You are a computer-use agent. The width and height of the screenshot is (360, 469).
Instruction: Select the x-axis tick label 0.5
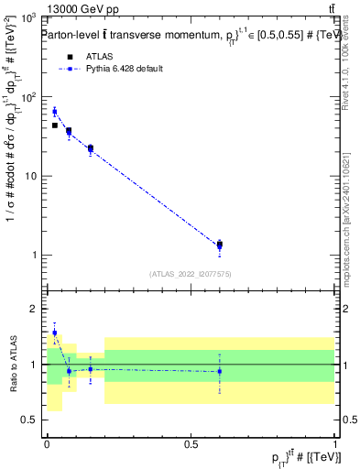coord(191,443)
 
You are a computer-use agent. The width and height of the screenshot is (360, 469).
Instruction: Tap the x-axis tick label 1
coord(335,443)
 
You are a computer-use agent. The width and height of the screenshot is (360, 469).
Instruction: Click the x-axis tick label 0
coord(47,443)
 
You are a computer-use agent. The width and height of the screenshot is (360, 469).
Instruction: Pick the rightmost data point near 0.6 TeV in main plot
coord(219,245)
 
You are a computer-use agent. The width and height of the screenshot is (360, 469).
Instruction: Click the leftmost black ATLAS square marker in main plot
coord(54,125)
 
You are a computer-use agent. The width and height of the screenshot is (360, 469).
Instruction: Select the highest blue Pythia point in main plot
coord(54,112)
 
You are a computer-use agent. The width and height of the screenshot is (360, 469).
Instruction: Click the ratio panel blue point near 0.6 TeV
coord(219,371)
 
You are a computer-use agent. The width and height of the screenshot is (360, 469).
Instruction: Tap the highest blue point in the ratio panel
coord(54,333)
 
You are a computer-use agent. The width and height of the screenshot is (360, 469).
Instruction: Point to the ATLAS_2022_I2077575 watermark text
coord(191,273)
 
